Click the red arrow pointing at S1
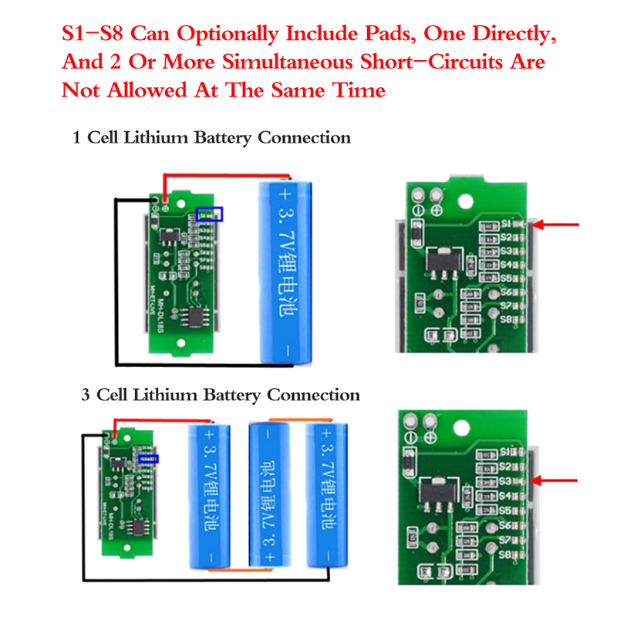coord(557,225)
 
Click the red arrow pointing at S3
coord(557,481)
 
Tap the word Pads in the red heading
coord(401,35)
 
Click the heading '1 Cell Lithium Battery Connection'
coord(211,138)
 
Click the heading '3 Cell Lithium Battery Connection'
coord(221,396)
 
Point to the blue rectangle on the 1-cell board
coord(210,214)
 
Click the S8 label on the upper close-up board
coord(507,319)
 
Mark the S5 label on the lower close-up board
coord(506,511)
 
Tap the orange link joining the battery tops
coord(296,420)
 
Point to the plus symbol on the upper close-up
coord(437,209)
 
